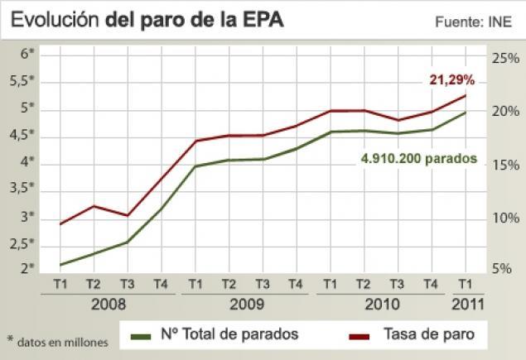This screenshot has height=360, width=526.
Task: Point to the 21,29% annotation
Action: click(x=451, y=80)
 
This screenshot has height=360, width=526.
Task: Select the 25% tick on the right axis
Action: click(x=504, y=59)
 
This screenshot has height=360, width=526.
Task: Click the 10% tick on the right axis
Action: click(x=504, y=218)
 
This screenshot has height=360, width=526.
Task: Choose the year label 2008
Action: click(x=109, y=303)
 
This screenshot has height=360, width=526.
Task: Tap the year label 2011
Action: click(x=466, y=303)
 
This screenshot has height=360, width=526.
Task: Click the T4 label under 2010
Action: click(x=430, y=284)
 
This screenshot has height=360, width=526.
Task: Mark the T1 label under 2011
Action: click(x=465, y=284)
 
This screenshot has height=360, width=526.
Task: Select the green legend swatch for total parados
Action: click(x=142, y=335)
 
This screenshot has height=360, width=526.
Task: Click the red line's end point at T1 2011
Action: click(x=465, y=95)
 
